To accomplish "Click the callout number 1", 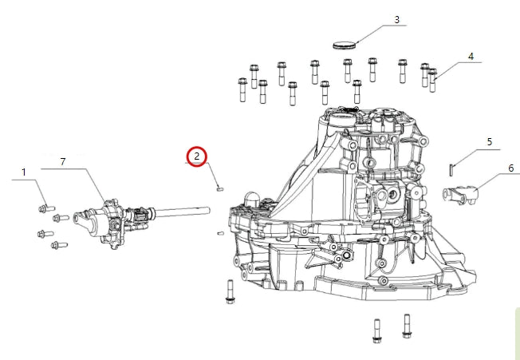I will (x=23, y=172).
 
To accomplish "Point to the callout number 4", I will (x=471, y=57).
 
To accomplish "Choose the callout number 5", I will (x=489, y=142).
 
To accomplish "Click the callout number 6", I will (x=510, y=168).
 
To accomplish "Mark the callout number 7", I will (x=64, y=163).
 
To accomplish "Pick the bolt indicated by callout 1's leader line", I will (x=45, y=209).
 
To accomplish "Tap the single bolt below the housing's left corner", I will (x=230, y=292).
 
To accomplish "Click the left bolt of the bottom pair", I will (x=376, y=330).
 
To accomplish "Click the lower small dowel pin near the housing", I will (x=220, y=233).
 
